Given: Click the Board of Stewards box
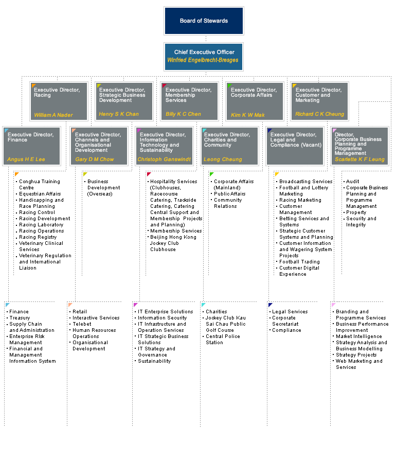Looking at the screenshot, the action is (204, 21).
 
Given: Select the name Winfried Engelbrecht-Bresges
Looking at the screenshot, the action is (203, 60).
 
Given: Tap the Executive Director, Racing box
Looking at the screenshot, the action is (59, 101).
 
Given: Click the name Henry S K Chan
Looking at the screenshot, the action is (119, 114).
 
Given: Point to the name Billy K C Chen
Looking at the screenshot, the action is (183, 114).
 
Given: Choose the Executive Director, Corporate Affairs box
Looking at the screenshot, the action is (255, 101).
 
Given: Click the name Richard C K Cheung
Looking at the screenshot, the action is (319, 114).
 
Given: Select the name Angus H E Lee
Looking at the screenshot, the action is (26, 159).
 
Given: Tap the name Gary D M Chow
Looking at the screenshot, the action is (95, 159).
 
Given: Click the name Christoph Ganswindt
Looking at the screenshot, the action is (164, 159).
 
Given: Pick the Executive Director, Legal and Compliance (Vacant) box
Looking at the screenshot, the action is (295, 146).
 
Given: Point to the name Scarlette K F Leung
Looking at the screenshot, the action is (359, 159).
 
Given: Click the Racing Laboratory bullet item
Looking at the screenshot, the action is (41, 225).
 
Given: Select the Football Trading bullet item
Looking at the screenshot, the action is (299, 262).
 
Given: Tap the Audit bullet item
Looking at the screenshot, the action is (352, 181).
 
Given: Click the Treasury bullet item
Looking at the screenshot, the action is (20, 318).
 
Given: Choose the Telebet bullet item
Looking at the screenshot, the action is (82, 324).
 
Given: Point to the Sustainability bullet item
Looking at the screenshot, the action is (154, 361).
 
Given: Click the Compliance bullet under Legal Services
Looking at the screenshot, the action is (286, 330).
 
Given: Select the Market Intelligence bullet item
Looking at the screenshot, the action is (359, 336).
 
